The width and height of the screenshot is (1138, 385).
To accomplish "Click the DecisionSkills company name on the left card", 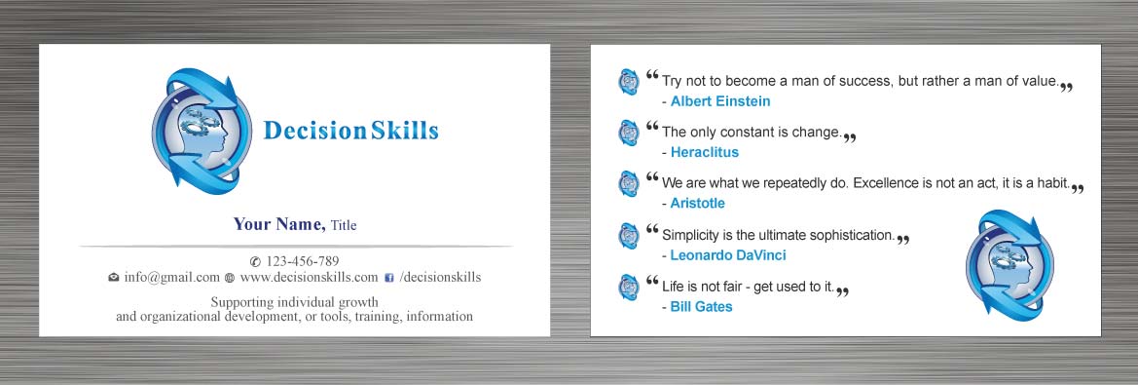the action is [x=350, y=131].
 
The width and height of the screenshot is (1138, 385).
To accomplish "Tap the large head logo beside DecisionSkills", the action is [x=202, y=132].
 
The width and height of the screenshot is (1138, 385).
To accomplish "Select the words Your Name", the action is [x=279, y=224].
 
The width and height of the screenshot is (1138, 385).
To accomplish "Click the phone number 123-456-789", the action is [x=303, y=261].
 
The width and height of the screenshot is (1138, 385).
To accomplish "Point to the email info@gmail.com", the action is [x=172, y=278].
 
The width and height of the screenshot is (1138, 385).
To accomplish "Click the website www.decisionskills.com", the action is [x=310, y=278].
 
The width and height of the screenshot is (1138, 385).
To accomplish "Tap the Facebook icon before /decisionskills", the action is [x=389, y=278].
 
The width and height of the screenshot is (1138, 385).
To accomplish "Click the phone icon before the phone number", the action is [x=255, y=261].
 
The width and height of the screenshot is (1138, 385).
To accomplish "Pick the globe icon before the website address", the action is [x=230, y=278].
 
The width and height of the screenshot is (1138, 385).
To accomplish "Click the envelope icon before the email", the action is [x=114, y=278].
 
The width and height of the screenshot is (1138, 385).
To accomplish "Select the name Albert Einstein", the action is [x=720, y=101].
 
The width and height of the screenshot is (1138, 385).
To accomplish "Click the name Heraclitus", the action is [x=704, y=153].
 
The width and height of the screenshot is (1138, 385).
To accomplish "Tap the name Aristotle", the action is [x=697, y=204].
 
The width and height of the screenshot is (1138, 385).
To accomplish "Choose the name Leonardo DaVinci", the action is [x=728, y=255].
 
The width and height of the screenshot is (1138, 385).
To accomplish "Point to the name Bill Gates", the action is [x=701, y=307].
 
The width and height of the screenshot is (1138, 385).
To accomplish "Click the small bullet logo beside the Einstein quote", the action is [x=629, y=81].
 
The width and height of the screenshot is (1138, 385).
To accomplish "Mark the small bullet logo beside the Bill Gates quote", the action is [x=629, y=287].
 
